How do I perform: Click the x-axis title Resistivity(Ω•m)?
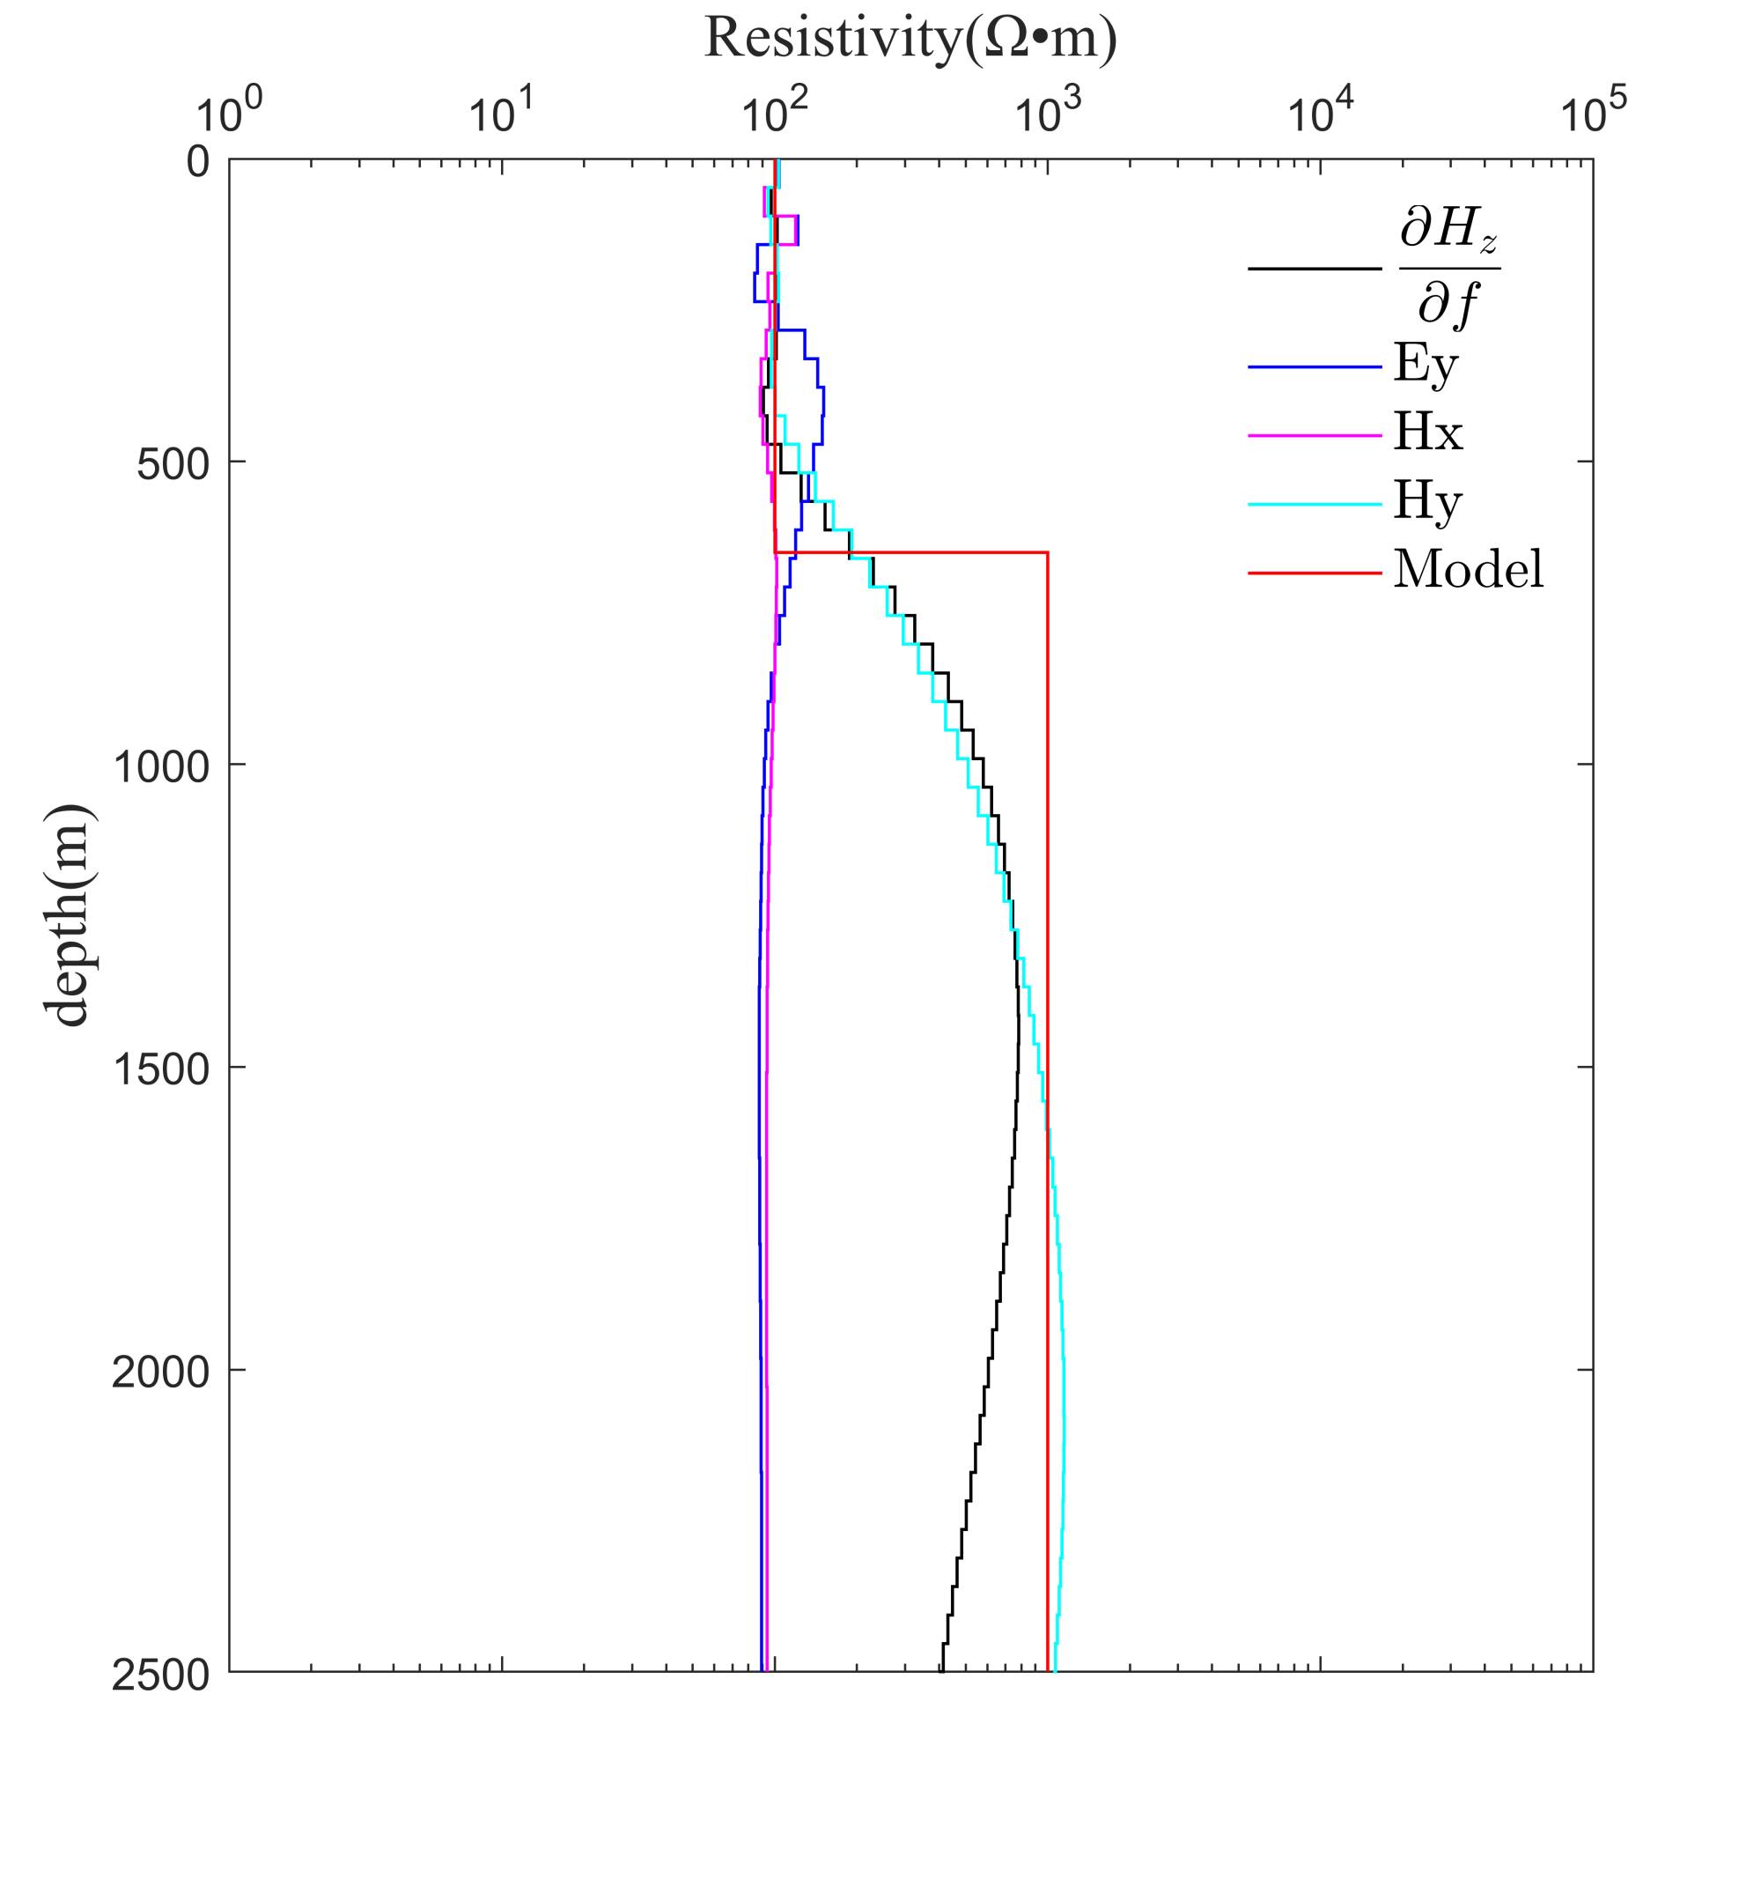[910, 40]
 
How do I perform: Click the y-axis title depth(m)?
[68, 915]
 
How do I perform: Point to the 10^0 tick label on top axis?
[228, 113]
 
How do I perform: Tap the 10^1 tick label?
[501, 113]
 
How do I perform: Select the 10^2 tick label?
[774, 113]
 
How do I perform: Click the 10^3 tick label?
[1047, 113]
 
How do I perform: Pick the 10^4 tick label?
[1320, 113]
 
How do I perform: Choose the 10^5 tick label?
[1593, 113]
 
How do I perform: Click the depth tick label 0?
[197, 161]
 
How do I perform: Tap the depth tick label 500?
[173, 464]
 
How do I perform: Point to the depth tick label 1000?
[160, 766]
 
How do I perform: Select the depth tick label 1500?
[160, 1069]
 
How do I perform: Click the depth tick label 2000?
[160, 1372]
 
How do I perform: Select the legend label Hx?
[1427, 433]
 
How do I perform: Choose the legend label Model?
[1468, 570]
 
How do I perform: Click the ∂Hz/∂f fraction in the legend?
[1448, 269]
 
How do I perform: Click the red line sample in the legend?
[1314, 572]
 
